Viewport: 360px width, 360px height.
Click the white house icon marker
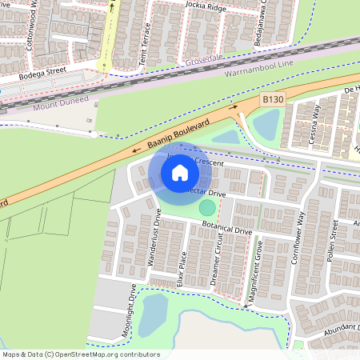point(180,172)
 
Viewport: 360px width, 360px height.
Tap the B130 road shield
point(273,99)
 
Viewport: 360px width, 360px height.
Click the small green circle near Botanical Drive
point(207,208)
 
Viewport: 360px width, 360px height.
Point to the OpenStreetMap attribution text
point(80,354)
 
